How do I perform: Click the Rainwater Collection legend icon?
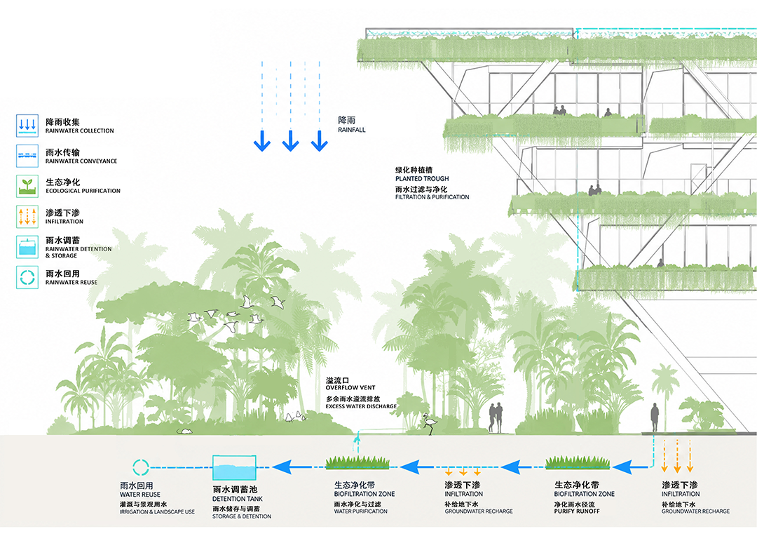[x=27, y=126]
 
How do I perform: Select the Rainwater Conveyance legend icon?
[x=27, y=156]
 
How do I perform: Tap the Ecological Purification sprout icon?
[x=27, y=186]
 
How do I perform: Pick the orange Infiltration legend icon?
[x=27, y=217]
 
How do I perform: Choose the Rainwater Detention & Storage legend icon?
[x=27, y=247]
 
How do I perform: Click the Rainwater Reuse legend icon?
[x=27, y=277]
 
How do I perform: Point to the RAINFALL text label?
[x=351, y=130]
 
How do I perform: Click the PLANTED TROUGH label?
[x=422, y=179]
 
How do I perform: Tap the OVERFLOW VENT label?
[x=350, y=388]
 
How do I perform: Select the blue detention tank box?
[x=235, y=467]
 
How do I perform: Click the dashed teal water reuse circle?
[x=141, y=467]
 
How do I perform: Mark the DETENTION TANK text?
[x=238, y=499]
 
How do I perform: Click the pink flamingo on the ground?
[x=429, y=424]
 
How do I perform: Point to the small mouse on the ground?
[x=184, y=430]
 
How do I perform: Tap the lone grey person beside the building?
[x=654, y=417]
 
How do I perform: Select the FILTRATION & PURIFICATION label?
[x=432, y=197]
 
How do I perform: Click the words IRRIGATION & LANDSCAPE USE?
[x=158, y=512]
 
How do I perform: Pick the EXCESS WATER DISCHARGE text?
[x=361, y=406]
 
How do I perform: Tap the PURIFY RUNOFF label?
[x=577, y=511]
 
